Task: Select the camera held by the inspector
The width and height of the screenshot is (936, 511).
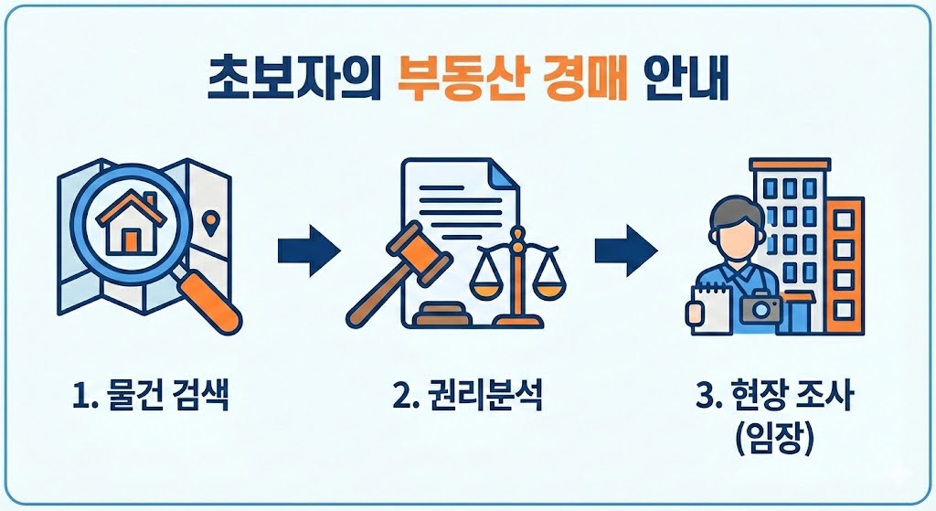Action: (x=760, y=309)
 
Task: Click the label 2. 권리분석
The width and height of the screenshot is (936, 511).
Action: (x=467, y=399)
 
